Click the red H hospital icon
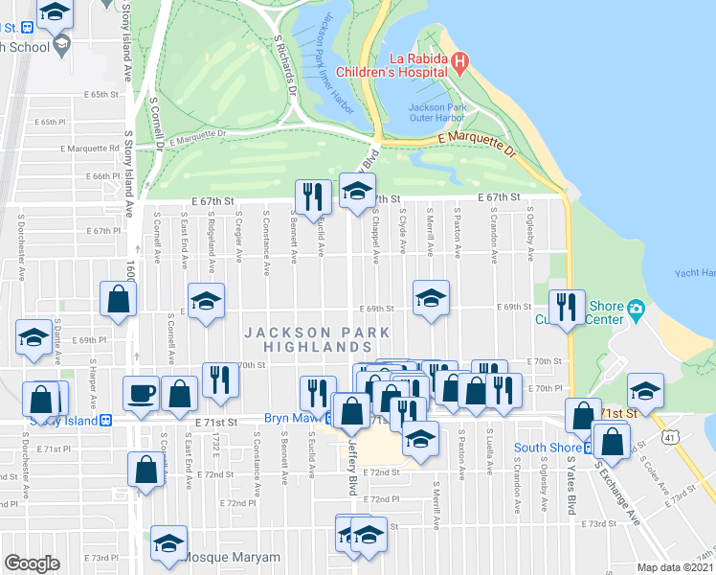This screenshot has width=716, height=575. click(x=459, y=64)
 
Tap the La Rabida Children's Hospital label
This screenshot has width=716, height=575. click(x=400, y=64)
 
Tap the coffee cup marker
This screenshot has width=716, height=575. click(x=142, y=393)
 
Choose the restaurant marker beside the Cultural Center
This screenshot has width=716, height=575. click(x=569, y=307)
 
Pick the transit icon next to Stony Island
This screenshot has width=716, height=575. click(x=108, y=420)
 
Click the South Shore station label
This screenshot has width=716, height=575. click(x=548, y=447)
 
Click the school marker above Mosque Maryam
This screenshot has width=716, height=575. click(x=169, y=541)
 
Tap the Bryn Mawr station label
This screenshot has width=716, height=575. click(x=292, y=420)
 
